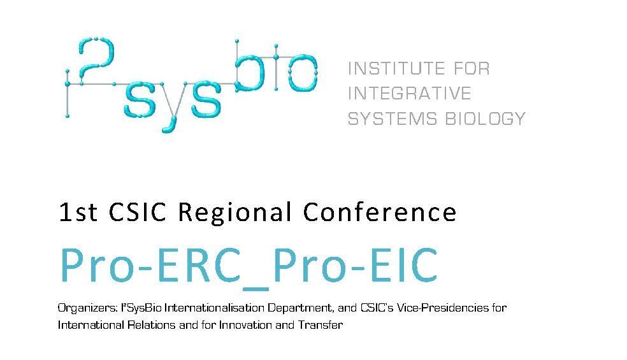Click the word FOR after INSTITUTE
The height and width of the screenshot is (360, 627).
(x=471, y=68)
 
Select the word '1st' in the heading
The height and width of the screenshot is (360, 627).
(x=78, y=212)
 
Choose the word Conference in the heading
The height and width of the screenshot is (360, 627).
(x=380, y=212)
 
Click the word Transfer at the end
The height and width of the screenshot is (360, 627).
(x=323, y=325)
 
